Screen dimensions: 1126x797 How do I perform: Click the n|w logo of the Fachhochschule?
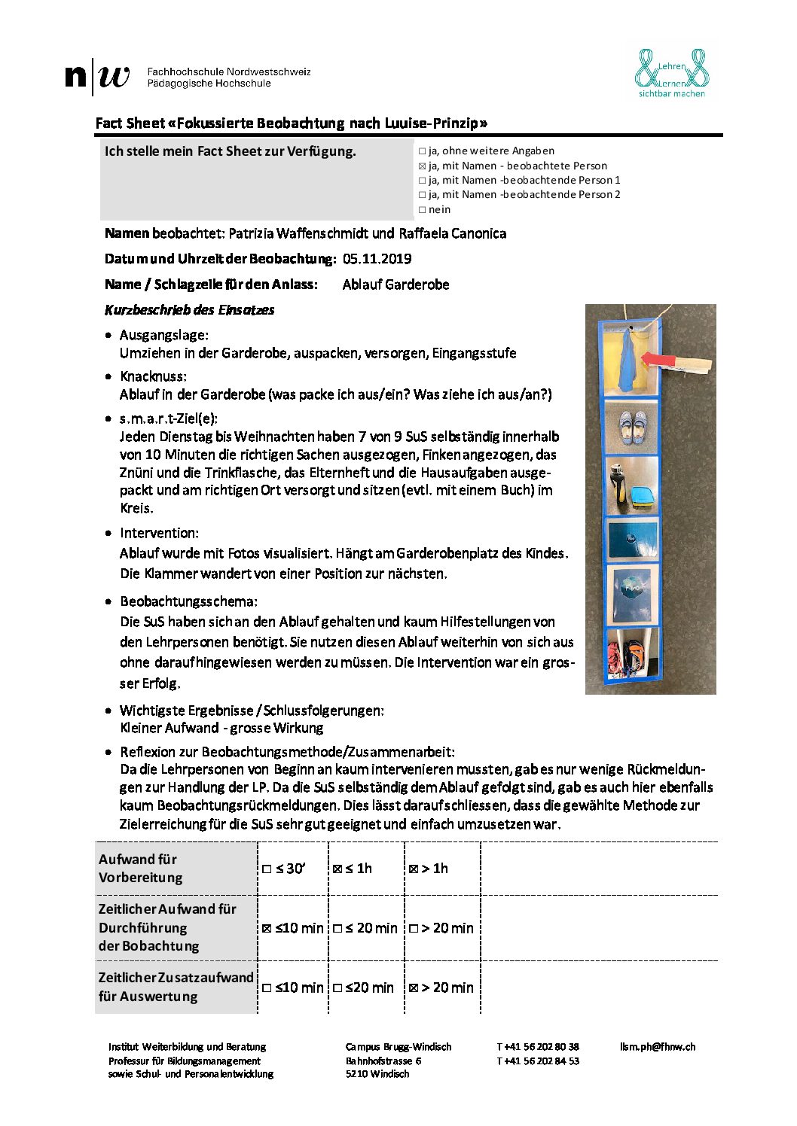[x=97, y=76]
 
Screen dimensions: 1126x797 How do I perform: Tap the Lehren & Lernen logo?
[x=671, y=73]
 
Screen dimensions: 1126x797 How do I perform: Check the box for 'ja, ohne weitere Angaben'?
[x=422, y=151]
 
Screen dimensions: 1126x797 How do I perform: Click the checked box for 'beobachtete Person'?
[x=422, y=166]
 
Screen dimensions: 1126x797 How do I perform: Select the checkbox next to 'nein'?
[x=422, y=210]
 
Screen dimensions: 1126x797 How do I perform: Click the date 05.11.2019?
[x=377, y=259]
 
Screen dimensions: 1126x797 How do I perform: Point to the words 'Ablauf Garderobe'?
[x=395, y=285]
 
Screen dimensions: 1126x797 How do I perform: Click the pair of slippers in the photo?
[x=631, y=427]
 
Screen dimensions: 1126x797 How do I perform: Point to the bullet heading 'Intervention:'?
[x=159, y=533]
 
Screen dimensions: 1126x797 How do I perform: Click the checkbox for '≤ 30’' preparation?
[x=267, y=869]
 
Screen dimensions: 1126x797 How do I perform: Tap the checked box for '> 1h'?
[x=414, y=869]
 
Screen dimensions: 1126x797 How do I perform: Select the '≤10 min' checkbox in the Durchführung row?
[x=267, y=928]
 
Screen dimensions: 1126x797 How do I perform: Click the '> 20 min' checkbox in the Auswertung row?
[x=414, y=988]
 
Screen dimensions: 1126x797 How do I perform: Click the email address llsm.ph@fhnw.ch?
[x=657, y=1047]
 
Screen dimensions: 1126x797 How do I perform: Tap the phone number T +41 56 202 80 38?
[x=538, y=1047]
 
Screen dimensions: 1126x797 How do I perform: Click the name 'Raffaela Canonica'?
[x=452, y=233]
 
